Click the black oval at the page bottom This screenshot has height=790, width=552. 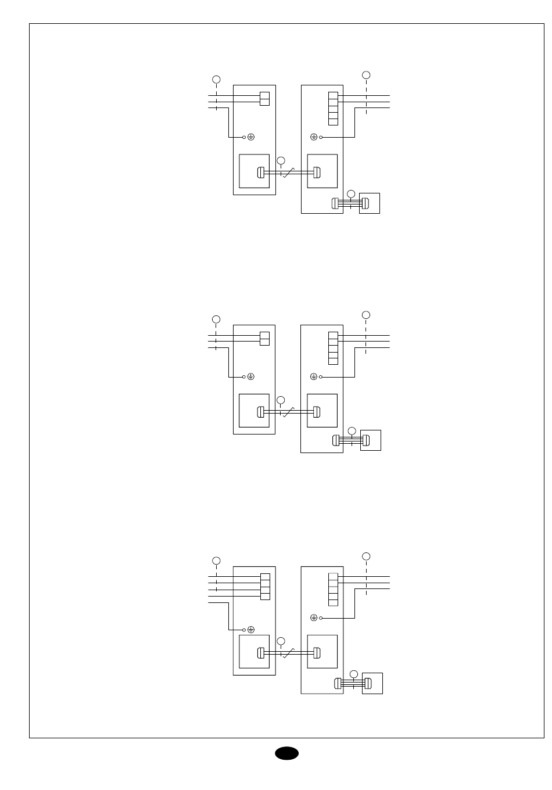point(286,753)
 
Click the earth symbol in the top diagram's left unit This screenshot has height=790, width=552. point(251,137)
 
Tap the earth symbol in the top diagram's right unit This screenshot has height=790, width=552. point(313,137)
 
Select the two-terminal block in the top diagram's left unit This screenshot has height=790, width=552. point(264,99)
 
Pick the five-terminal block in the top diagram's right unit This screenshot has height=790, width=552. point(333,109)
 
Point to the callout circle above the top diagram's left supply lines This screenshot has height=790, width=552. point(216,79)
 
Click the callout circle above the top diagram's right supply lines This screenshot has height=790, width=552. point(366,75)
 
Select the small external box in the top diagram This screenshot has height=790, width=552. point(370,203)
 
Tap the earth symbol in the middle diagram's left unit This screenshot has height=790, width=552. point(251,376)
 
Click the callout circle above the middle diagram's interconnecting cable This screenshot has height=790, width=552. point(281,400)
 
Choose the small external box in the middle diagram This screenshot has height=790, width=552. point(371,440)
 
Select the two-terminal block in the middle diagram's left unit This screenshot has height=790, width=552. point(264,338)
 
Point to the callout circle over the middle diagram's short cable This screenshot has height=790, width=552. point(351,430)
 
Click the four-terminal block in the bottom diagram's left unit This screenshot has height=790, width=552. point(265,586)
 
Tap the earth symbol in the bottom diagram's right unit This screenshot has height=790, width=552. point(313,617)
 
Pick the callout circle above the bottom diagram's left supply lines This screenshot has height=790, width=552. point(216,561)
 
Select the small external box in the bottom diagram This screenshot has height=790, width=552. point(372,683)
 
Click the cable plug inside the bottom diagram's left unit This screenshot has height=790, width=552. point(261,653)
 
